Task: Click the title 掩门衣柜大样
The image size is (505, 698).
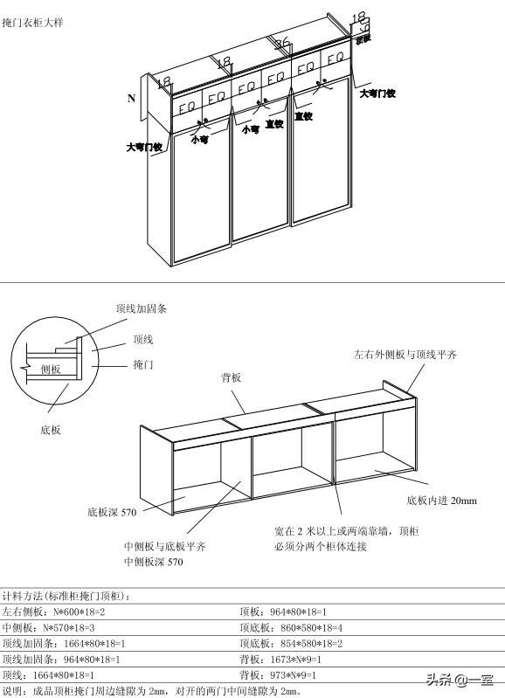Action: coord(32,21)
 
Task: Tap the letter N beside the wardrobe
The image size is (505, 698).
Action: coord(131,99)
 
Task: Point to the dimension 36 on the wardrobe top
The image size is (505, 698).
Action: coord(281,45)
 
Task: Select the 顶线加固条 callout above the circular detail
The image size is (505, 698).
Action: coord(142,309)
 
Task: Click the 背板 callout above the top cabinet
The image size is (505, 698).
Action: coord(231,377)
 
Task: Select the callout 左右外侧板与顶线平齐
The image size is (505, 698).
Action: coord(405,356)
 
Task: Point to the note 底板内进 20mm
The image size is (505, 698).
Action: coord(442,501)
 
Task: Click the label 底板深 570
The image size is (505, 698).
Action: coord(112,512)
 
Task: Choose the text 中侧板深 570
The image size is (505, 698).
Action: coord(154,563)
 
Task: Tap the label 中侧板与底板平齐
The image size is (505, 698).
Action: coord(165,547)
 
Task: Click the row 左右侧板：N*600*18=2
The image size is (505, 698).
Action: coord(53,612)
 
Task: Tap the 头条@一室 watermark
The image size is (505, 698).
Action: coord(460,681)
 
